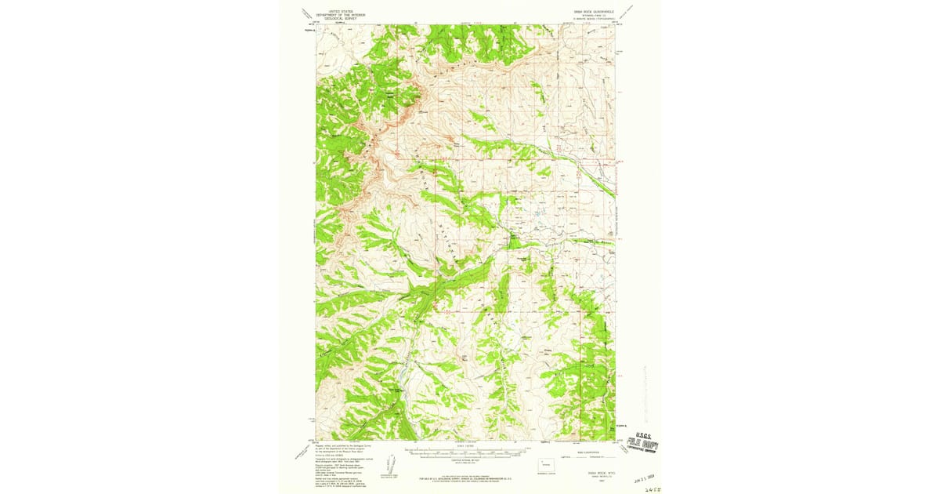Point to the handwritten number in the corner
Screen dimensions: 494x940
(x=646, y=485)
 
